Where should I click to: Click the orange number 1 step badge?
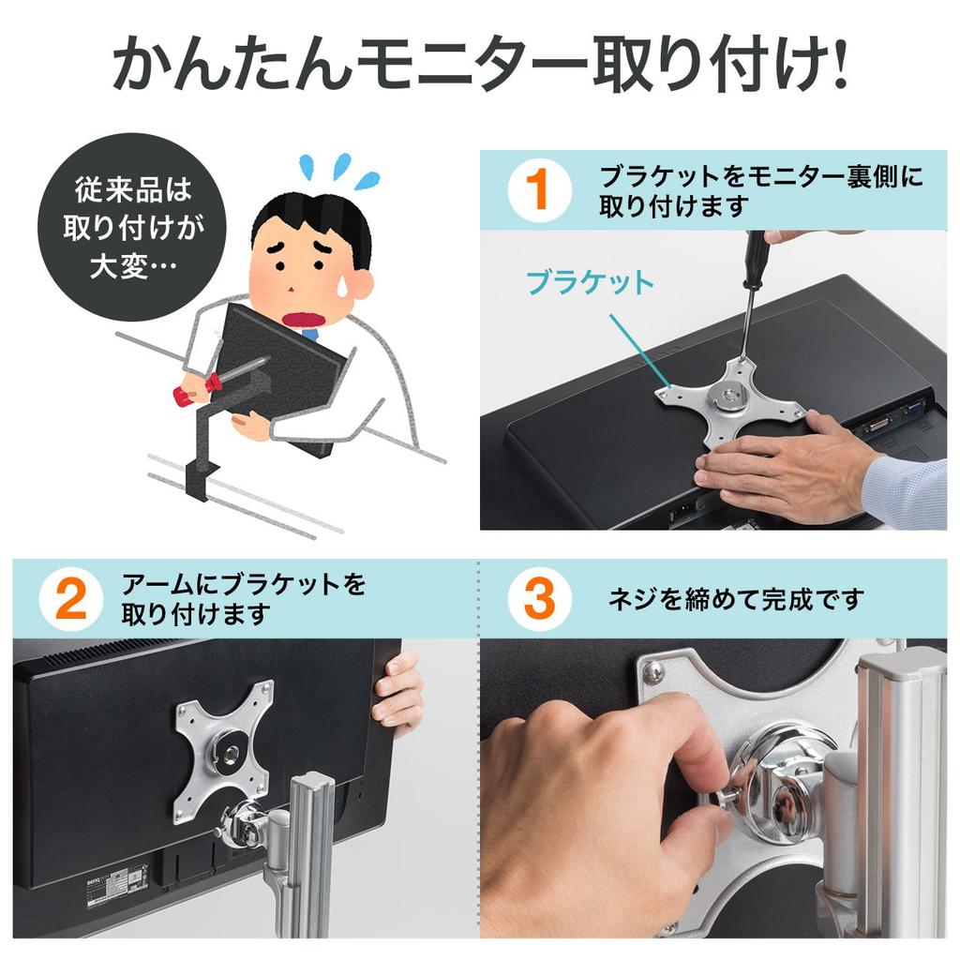pyautogui.click(x=539, y=190)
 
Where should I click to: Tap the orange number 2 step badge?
pyautogui.click(x=70, y=599)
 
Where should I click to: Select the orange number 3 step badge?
pyautogui.click(x=539, y=599)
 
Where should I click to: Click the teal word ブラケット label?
pyautogui.click(x=591, y=283)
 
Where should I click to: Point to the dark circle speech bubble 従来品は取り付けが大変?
pyautogui.click(x=132, y=227)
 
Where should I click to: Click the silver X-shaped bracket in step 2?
pyautogui.click(x=224, y=751)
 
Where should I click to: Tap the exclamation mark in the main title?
pyautogui.click(x=837, y=65)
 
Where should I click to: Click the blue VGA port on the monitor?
pyautogui.click(x=915, y=409)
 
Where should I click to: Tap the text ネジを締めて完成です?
pyautogui.click(x=736, y=599)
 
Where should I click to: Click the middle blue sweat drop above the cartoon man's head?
pyautogui.click(x=341, y=166)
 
